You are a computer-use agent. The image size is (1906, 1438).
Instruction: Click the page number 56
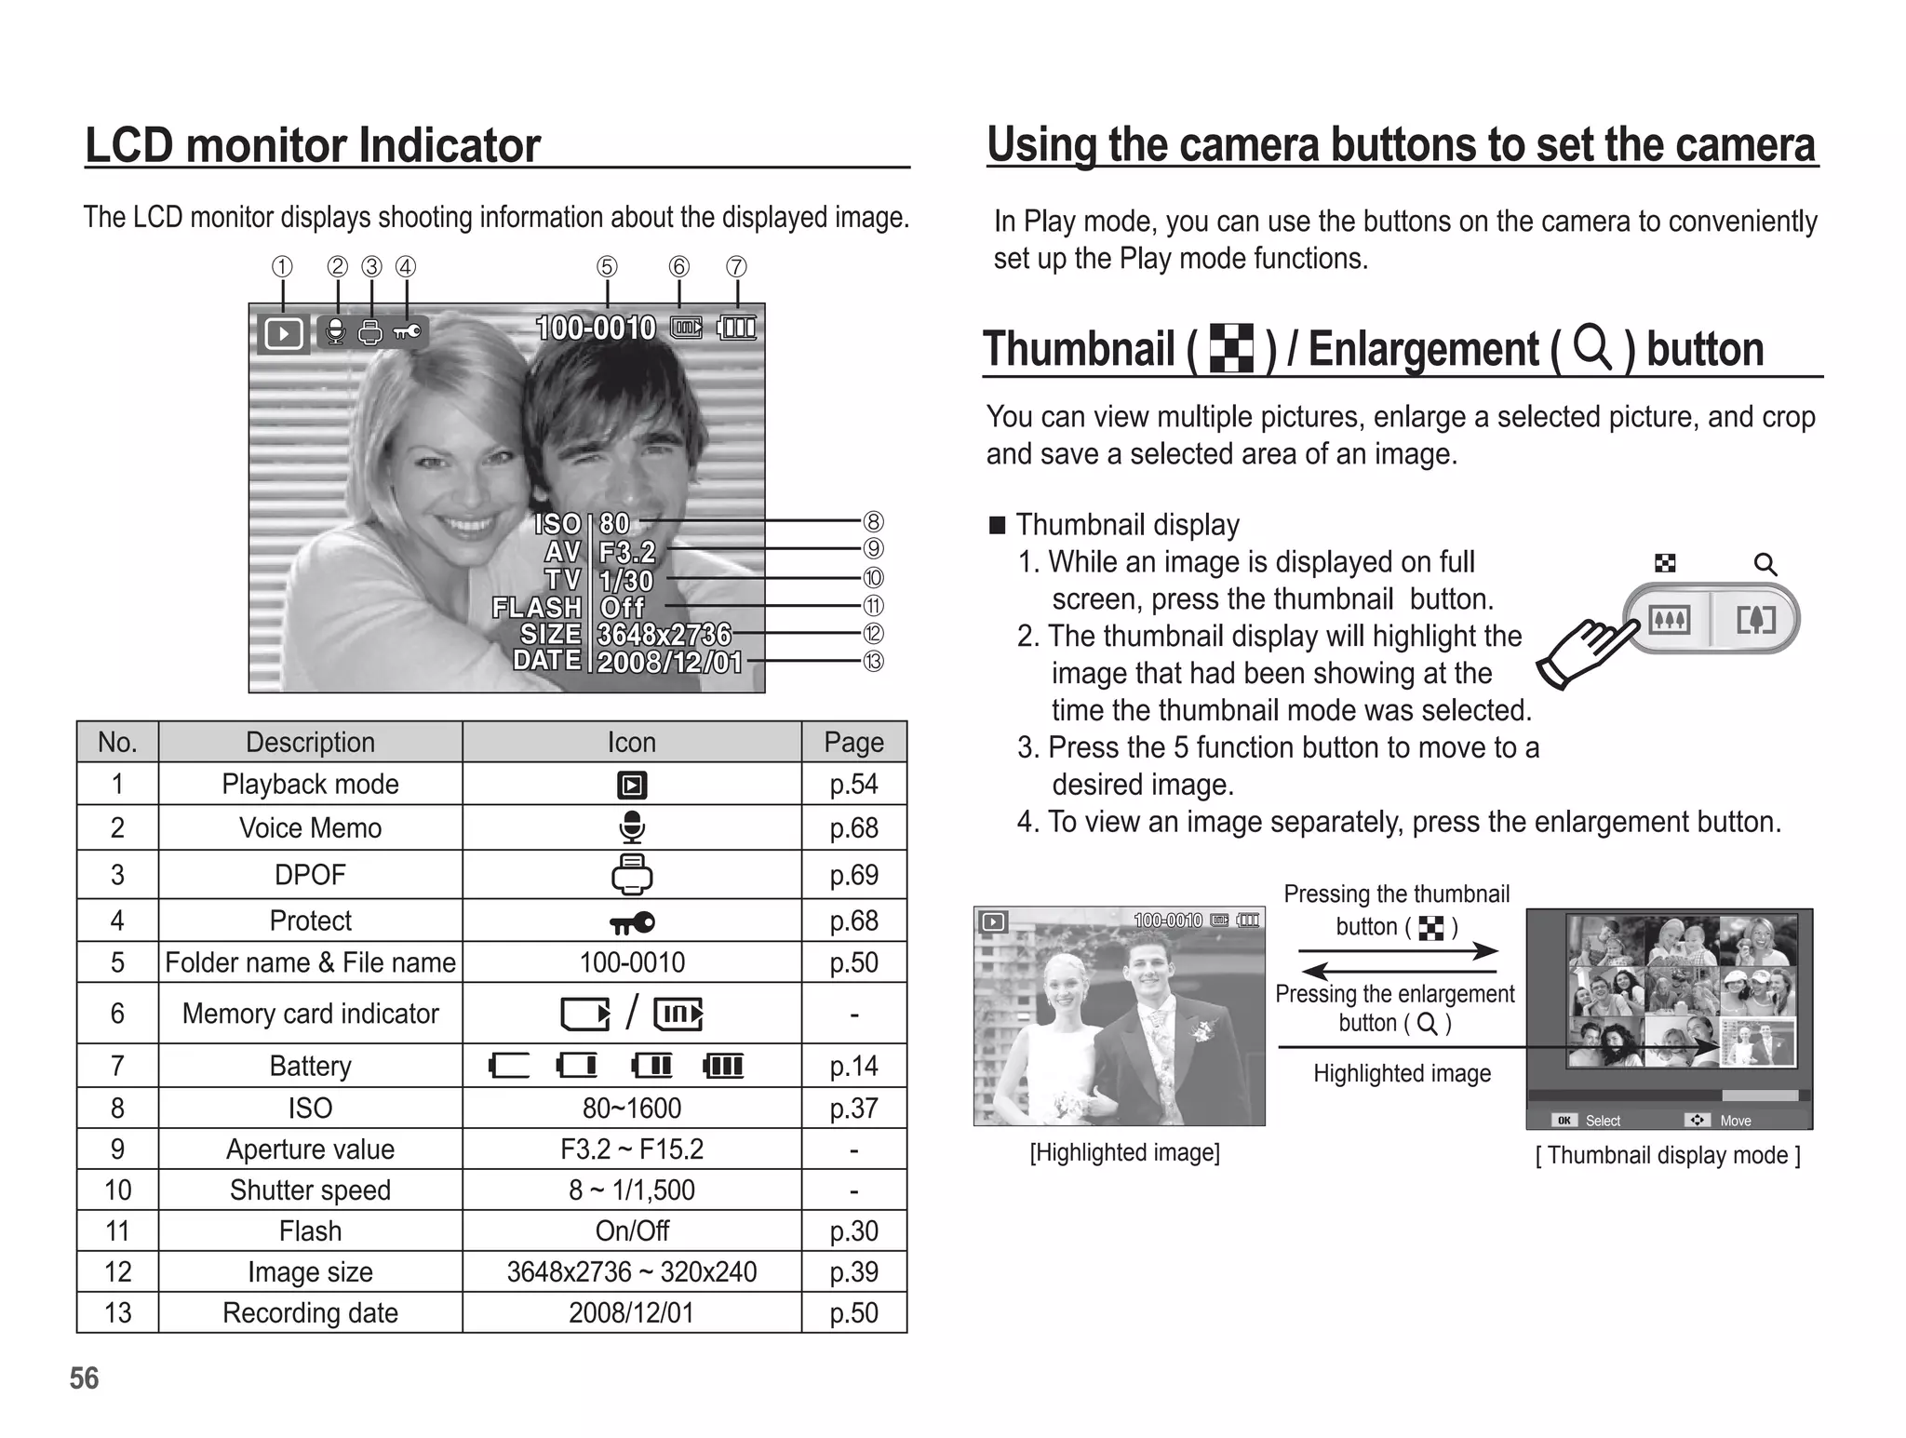pos(84,1378)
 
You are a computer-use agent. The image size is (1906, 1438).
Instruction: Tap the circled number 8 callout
pos(873,521)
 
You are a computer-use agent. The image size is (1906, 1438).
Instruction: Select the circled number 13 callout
pos(873,662)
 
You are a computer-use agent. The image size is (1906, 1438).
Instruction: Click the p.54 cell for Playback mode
pos(853,785)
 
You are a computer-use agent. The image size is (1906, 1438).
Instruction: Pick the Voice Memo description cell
pos(310,827)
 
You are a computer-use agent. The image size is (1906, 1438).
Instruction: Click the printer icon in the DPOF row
pos(632,874)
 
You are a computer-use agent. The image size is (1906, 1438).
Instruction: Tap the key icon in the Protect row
pos(632,921)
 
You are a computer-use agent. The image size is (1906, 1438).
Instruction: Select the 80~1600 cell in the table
pos(632,1108)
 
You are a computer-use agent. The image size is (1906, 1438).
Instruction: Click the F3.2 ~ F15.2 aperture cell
pos(632,1149)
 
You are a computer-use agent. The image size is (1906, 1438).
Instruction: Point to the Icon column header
pos(632,742)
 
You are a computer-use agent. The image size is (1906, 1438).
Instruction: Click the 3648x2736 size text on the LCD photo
pos(664,635)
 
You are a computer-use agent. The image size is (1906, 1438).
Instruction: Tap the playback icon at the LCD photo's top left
pos(283,333)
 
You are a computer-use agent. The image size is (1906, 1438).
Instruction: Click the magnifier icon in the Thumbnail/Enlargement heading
pos(1592,348)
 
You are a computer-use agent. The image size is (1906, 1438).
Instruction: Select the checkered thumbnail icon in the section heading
pos(1230,349)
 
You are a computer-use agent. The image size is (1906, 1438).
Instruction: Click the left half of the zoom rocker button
pos(1669,619)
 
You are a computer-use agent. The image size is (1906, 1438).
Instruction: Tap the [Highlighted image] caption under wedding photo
pos(1124,1153)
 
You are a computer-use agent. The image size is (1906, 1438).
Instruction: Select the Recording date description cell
pos(310,1313)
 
